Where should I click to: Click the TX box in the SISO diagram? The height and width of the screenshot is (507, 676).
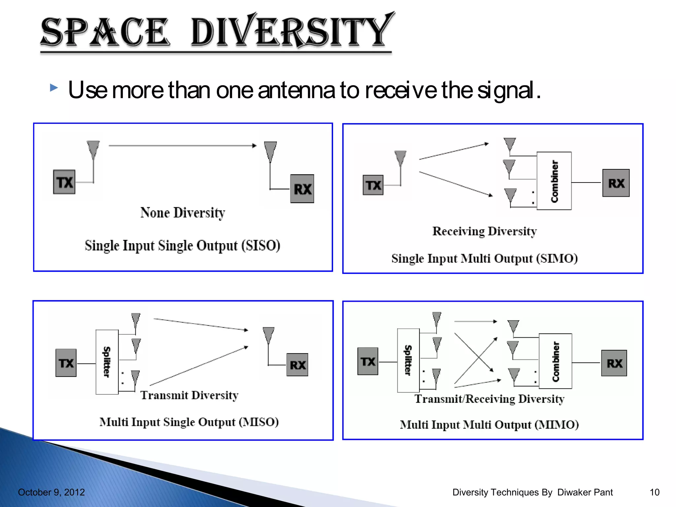(64, 182)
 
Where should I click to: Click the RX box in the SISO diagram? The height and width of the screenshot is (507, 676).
(302, 189)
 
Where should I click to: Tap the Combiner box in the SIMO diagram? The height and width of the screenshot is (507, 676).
(554, 181)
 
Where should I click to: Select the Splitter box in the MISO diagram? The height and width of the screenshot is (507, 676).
(107, 362)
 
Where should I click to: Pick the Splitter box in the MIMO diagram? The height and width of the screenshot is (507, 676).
(408, 360)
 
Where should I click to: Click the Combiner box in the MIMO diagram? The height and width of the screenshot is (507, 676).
(555, 361)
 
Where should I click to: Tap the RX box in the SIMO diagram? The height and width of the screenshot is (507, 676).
(616, 183)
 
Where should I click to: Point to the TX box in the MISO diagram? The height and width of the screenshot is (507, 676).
(66, 363)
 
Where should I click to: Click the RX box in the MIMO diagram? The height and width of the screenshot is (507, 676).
(614, 363)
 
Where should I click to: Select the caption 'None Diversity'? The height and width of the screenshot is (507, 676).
(183, 213)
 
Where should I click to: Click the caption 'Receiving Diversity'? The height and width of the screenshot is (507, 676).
(484, 231)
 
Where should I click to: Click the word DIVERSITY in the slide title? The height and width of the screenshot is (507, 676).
(292, 31)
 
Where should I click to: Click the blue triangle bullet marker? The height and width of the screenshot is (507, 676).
(54, 88)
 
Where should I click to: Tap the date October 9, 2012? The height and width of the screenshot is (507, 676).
(51, 492)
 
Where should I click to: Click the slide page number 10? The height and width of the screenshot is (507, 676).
(654, 492)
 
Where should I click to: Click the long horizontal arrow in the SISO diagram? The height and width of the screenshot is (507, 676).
(182, 145)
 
